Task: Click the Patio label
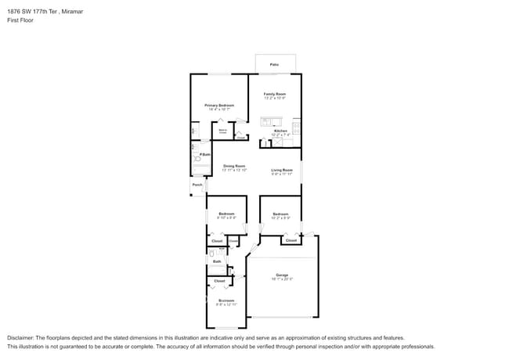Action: pyautogui.click(x=275, y=64)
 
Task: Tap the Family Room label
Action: pyautogui.click(x=275, y=94)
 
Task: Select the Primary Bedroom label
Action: pyautogui.click(x=220, y=105)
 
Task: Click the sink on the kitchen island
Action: pyautogui.click(x=267, y=121)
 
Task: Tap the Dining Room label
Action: pyautogui.click(x=234, y=166)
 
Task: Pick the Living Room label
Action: pyautogui.click(x=282, y=170)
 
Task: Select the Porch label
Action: pyautogui.click(x=197, y=185)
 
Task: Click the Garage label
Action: pyautogui.click(x=282, y=275)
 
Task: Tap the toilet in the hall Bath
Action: pyautogui.click(x=212, y=254)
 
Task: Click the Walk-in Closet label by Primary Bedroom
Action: pyautogui.click(x=223, y=131)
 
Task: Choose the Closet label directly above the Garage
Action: pyautogui.click(x=291, y=240)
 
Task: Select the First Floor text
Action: pyautogui.click(x=20, y=20)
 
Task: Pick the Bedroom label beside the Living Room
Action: pyautogui.click(x=281, y=214)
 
